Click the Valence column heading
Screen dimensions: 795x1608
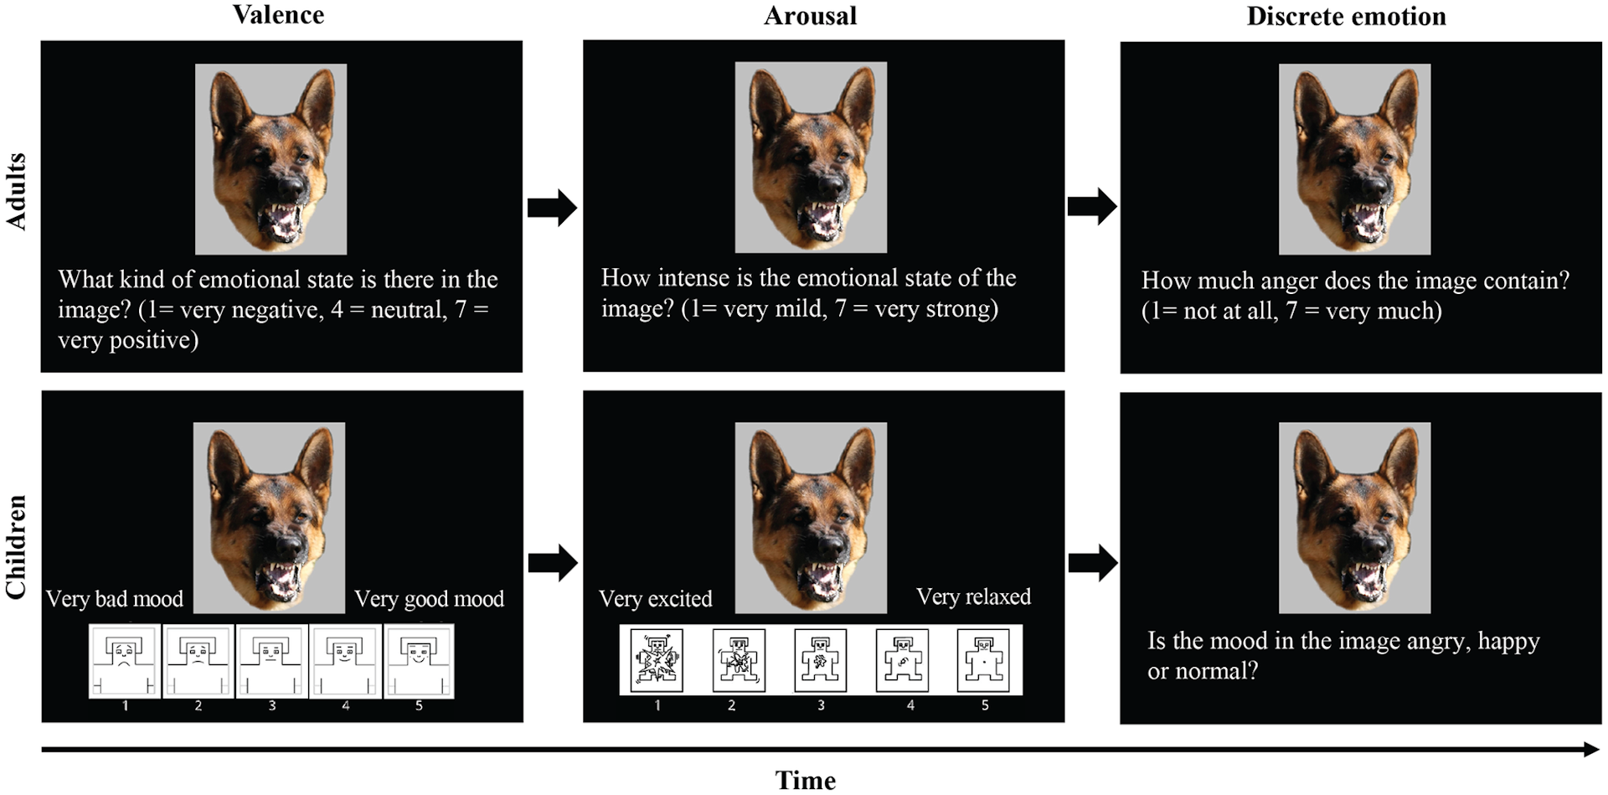coord(278,15)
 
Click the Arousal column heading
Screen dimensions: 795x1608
coord(810,16)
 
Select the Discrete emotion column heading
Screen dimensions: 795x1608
coord(1346,16)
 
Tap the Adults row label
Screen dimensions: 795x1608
coord(17,192)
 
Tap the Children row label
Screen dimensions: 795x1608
coord(17,547)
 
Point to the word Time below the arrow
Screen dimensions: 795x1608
coord(805,780)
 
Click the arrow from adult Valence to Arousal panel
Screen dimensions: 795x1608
coord(552,207)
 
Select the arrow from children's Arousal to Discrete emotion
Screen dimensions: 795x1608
coord(1093,563)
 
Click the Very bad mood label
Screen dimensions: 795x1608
coord(115,599)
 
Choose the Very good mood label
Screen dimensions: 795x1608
coord(429,599)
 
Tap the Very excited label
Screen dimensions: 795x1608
coord(655,599)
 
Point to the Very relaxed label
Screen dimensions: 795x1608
coord(973,596)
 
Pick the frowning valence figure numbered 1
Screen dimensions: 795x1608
coord(125,661)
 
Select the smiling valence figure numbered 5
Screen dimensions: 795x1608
coord(419,661)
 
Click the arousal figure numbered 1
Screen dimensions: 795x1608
coord(657,661)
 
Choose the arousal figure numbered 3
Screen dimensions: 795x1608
coord(821,661)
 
